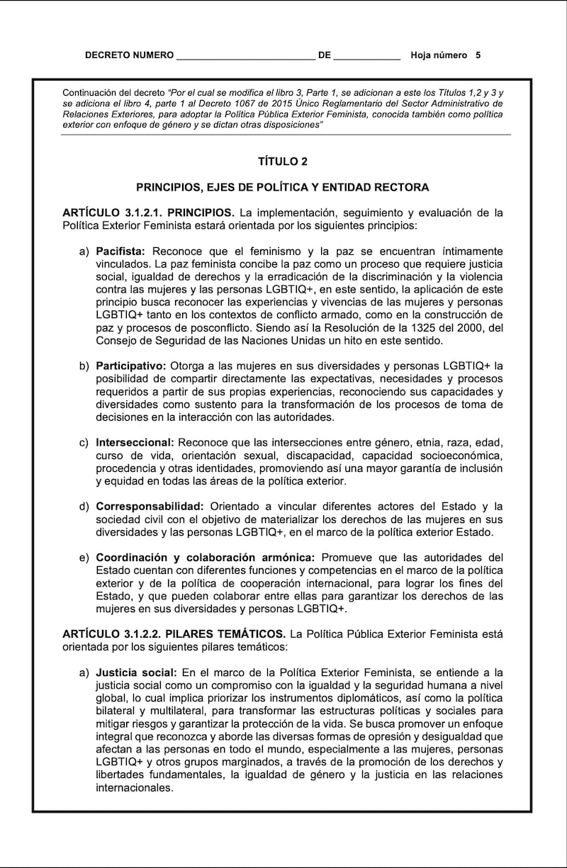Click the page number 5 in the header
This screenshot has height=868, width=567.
click(x=478, y=55)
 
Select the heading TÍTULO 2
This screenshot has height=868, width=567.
click(x=283, y=162)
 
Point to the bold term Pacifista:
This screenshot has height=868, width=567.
click(x=120, y=251)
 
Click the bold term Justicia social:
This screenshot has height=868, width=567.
click(x=136, y=672)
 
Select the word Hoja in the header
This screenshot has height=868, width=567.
click(x=423, y=55)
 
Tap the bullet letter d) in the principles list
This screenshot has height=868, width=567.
click(x=84, y=507)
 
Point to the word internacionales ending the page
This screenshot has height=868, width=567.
click(x=135, y=787)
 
